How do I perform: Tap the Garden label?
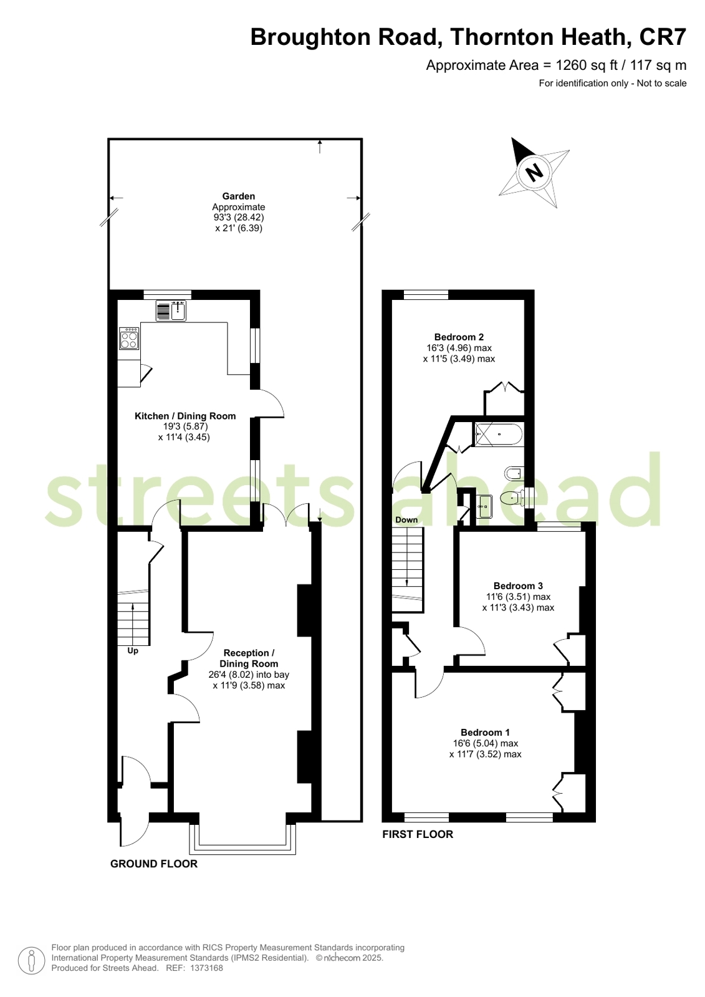coord(239,196)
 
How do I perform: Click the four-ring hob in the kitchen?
coord(129,339)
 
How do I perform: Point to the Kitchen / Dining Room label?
coord(185,416)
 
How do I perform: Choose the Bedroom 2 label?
coord(459,337)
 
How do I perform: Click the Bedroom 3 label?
coord(518,585)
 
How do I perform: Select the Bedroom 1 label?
coord(485,732)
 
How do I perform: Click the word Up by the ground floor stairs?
coord(133,651)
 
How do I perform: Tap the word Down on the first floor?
coord(406,520)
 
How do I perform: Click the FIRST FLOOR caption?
coord(418,834)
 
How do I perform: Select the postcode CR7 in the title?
coord(663,37)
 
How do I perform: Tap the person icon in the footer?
coord(31,961)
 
